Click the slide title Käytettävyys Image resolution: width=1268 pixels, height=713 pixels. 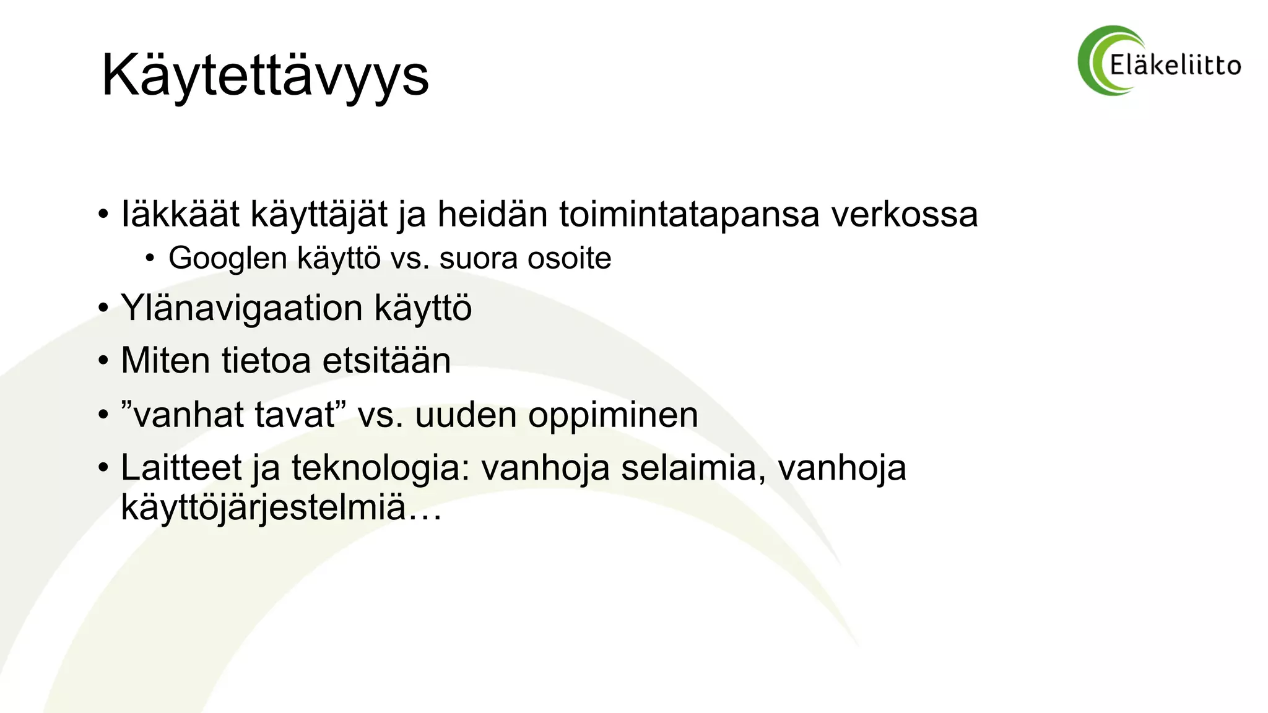coord(265,76)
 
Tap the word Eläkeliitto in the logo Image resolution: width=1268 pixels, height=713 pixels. coord(1175,65)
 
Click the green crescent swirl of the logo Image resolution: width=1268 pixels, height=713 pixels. coord(1095,61)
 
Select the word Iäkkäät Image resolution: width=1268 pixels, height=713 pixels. coord(180,214)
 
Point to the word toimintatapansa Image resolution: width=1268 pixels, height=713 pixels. coord(690,215)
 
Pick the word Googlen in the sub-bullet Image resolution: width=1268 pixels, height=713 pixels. coord(228,258)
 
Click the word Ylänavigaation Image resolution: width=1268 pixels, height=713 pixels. coord(241,308)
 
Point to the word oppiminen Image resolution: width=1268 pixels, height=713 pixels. coord(613,415)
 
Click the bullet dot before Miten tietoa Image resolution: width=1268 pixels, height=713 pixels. coord(103,361)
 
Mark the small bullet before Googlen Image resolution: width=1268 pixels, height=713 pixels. coord(150,259)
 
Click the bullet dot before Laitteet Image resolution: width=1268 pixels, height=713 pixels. coord(103,469)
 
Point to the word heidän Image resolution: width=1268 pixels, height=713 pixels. coord(493,214)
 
